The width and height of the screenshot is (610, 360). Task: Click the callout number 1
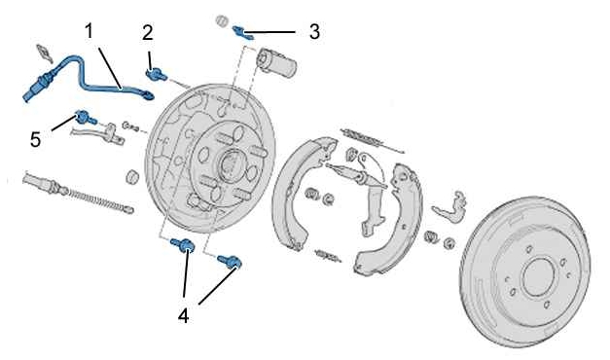90,31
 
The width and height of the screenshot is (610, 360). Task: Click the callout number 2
148,33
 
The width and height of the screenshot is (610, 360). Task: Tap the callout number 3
314,31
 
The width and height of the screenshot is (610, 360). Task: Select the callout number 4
183,315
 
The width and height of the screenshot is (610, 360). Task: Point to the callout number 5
35,139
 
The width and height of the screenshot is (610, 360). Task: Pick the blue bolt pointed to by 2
156,74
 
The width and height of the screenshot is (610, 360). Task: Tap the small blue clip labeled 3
243,33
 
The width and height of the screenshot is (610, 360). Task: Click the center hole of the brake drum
538,275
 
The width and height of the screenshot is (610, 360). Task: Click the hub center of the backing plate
230,163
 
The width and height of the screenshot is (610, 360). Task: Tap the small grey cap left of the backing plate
133,176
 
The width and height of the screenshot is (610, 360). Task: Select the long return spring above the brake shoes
372,140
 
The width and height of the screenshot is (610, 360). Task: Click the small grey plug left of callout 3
222,20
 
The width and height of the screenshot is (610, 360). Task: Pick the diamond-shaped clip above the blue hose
44,53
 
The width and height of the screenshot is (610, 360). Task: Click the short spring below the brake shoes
328,256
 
